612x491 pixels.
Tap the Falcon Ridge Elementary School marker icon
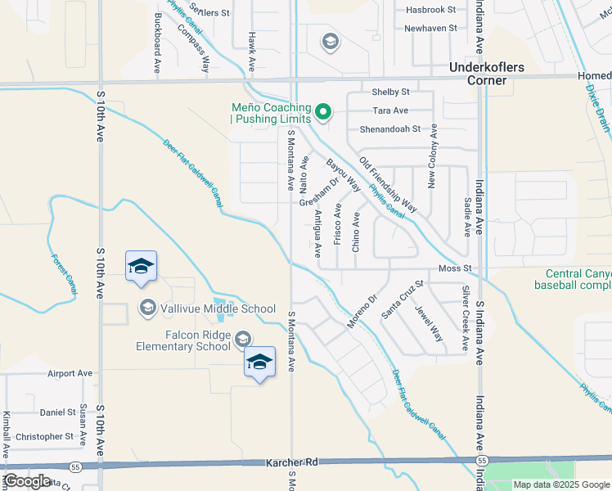coord(243,339)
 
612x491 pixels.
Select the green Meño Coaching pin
coord(323,112)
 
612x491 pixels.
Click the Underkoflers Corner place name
coord(478,74)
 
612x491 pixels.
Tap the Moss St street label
coord(457,268)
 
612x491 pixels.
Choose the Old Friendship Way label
coord(388,185)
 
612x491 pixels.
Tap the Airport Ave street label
coord(70,373)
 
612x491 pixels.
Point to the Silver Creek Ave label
coord(466,318)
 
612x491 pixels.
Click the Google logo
coord(27,482)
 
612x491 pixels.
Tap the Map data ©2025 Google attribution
coord(562,484)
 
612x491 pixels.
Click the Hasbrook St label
coord(431,10)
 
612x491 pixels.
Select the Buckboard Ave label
coord(156,43)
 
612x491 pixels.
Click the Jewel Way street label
coord(430,323)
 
